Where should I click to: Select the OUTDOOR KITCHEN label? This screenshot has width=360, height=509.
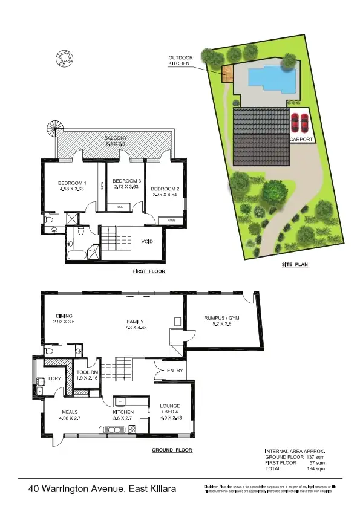179,61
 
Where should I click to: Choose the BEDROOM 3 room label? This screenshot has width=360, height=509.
126,181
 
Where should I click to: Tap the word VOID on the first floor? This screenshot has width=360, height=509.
146,242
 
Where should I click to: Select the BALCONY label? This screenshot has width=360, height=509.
116,138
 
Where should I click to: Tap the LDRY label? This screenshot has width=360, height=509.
47,380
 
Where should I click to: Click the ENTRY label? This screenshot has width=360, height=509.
175,371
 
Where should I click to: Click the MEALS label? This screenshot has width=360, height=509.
69,412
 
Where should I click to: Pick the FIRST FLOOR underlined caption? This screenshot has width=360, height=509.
148,271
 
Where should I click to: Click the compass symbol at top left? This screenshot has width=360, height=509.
64,59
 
